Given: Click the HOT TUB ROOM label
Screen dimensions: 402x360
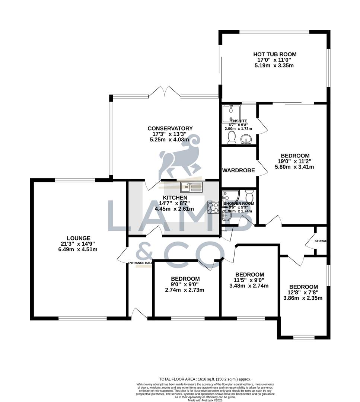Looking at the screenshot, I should [x=275, y=54].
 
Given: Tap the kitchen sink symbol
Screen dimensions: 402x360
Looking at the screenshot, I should [x=191, y=187].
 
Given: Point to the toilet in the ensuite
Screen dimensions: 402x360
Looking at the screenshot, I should [x=232, y=137].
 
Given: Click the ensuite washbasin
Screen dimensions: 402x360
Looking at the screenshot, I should [x=246, y=139].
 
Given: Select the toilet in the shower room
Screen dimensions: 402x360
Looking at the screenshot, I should [x=249, y=195].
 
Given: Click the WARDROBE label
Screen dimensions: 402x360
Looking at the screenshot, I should [x=238, y=170].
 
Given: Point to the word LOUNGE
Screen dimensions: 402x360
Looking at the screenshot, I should [x=79, y=238].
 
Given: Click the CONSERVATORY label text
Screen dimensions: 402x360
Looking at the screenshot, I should [x=169, y=128].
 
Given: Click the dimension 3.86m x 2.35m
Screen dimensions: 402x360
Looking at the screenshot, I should [x=303, y=298].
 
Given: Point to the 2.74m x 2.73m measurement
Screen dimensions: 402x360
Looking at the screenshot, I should [x=185, y=290].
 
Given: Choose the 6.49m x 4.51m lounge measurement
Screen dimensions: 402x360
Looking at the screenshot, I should [x=79, y=249].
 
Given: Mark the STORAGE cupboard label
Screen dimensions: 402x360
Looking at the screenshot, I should [x=320, y=241].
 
